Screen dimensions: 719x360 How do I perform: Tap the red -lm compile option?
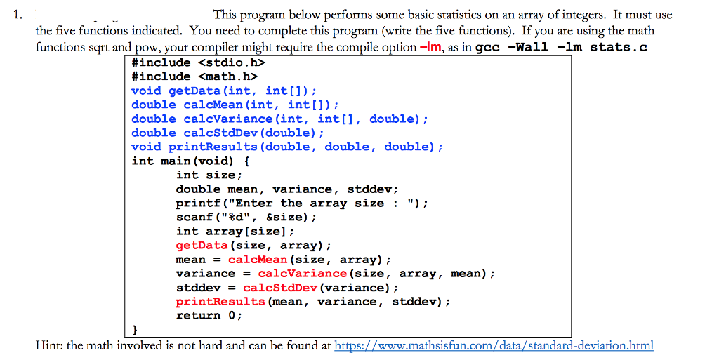430,47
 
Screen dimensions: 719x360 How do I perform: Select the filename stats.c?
619,47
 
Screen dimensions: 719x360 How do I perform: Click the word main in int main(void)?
176,161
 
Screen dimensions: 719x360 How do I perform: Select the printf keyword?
197,204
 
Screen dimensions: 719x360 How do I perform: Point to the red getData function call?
202,246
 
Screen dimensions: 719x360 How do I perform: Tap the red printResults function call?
220,302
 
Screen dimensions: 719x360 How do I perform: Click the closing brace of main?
136,330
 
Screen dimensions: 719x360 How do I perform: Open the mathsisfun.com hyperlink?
494,345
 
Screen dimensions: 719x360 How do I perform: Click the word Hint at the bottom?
49,345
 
